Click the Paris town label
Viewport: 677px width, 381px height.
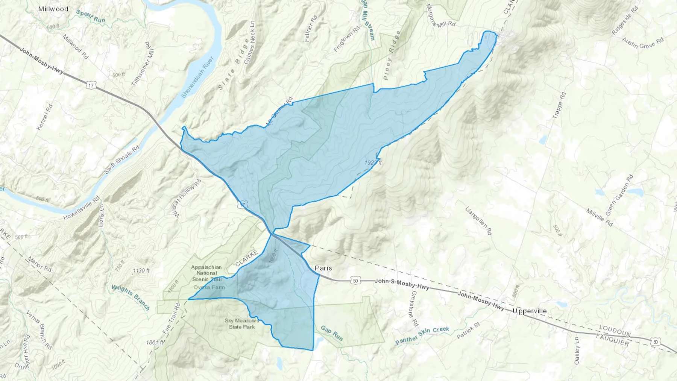[x=323, y=268]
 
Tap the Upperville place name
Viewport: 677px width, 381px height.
[x=530, y=311]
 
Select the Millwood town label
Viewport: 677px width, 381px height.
[x=53, y=9]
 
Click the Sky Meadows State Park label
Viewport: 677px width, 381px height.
[x=242, y=324]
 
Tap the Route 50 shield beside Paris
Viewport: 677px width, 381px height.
[x=355, y=280]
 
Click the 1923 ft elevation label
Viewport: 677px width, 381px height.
[x=373, y=162]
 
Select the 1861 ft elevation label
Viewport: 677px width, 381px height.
[x=155, y=342]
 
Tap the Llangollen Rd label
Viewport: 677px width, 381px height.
[x=478, y=221]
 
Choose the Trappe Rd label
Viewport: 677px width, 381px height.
[x=559, y=106]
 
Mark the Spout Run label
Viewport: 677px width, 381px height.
[x=91, y=16]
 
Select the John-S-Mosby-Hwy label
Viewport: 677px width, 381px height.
[x=402, y=284]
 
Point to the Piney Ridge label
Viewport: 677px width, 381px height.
[x=392, y=55]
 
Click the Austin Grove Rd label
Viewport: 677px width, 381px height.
[x=642, y=43]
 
